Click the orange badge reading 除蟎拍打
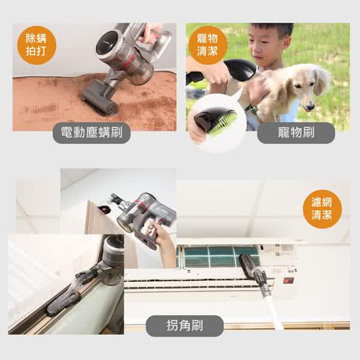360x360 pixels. (37, 45)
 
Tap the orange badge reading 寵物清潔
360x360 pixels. (208, 45)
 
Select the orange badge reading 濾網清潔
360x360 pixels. (322, 209)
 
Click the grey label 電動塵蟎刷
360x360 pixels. (92, 133)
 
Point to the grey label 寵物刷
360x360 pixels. (296, 133)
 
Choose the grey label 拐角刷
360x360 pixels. (185, 326)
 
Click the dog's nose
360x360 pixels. (311, 107)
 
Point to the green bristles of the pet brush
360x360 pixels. (221, 122)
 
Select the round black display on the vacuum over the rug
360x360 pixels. (107, 43)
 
